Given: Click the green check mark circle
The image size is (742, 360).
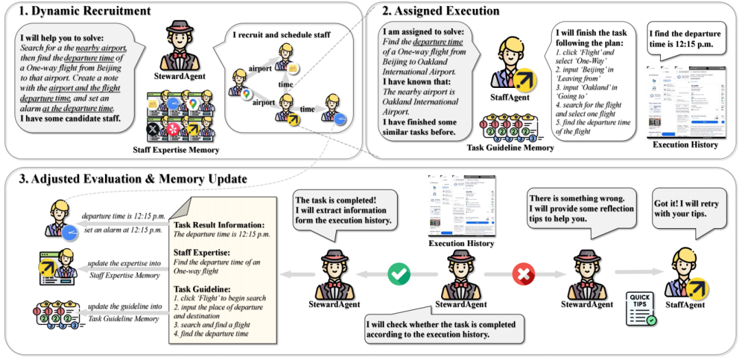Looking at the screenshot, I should pyautogui.click(x=398, y=273).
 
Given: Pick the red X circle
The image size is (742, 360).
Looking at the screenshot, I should pyautogui.click(x=523, y=273).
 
